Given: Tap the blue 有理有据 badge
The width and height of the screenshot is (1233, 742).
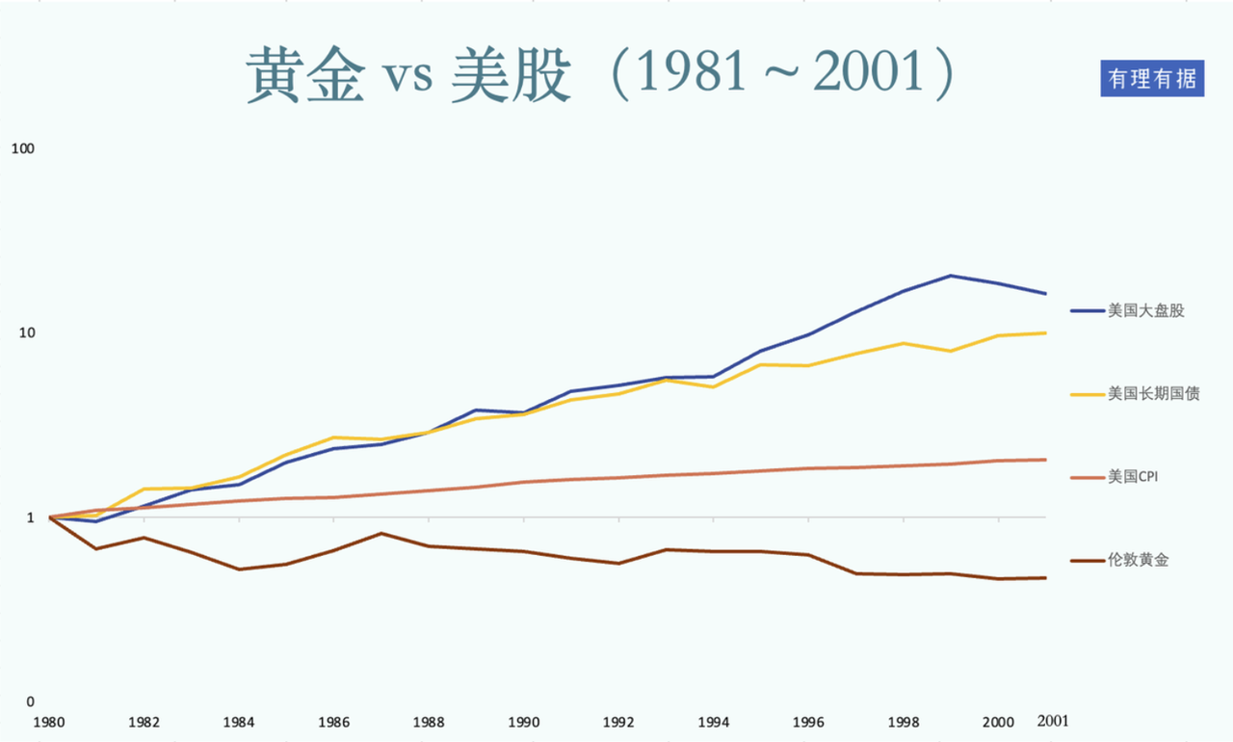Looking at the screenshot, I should pos(1152,79).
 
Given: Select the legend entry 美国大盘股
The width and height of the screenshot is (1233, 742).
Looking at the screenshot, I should pos(1145,311).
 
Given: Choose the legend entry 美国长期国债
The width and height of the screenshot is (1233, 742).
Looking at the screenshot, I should pos(1153,393).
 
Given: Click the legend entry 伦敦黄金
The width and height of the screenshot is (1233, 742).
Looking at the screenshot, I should pos(1138,560).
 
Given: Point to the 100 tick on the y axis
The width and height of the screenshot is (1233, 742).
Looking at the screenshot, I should pos(21,149).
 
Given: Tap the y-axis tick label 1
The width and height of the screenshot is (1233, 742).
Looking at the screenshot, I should pos(30,517).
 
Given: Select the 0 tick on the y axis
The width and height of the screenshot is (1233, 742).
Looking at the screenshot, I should pos(30,702).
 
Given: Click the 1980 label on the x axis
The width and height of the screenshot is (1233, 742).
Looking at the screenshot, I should pos(49,721).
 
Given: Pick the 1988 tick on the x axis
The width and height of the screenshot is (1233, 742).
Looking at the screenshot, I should pos(429,721).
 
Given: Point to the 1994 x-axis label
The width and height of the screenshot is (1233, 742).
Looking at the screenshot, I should pos(713,721).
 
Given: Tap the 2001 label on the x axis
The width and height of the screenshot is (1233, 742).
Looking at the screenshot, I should pos(1052,721).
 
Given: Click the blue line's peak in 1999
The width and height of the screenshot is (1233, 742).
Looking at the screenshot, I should pos(951,276).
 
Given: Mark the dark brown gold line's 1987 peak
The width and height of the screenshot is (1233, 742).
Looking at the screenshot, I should pos(381,533).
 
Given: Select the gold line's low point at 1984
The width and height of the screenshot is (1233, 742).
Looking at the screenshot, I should pos(239,570).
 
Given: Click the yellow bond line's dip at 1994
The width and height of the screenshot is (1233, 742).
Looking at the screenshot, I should pos(713,386).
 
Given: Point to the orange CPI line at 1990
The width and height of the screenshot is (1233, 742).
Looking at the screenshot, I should pos(524,482).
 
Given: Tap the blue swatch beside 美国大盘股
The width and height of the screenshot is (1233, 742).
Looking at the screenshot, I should pos(1086,311).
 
